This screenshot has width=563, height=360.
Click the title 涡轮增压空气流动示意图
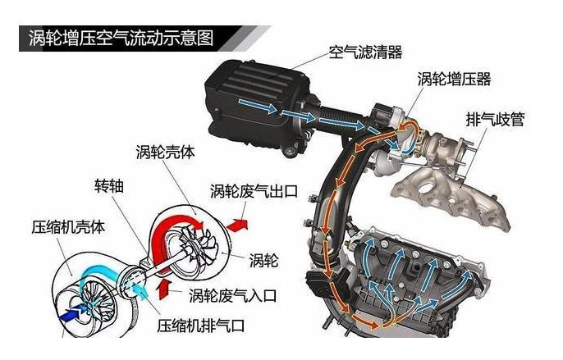click(121, 39)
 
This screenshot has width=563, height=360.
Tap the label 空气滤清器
click(365, 52)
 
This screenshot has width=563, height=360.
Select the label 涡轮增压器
click(454, 79)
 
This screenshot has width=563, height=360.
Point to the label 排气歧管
click(495, 119)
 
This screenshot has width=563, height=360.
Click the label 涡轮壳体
click(165, 152)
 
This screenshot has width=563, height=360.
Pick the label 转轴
click(109, 185)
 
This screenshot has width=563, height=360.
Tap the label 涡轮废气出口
click(254, 191)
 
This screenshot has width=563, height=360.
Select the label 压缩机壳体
click(68, 227)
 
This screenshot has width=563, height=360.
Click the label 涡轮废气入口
click(233, 295)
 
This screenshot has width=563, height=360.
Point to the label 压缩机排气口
click(201, 326)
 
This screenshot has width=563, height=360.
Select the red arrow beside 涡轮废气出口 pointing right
click(237, 225)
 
